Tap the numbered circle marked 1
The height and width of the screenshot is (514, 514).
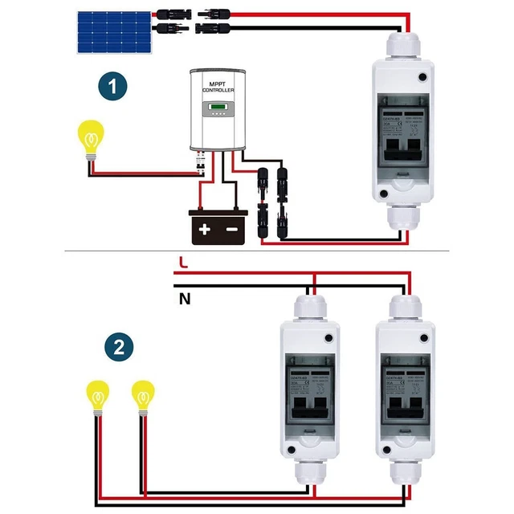tap(116, 85)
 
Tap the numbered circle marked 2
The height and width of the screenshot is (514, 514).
tap(119, 348)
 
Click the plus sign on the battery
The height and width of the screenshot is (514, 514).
tap(205, 229)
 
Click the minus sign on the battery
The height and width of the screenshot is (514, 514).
tap(233, 229)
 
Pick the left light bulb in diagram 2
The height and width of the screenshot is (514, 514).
tap(98, 398)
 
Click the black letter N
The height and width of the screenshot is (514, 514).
tap(184, 300)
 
